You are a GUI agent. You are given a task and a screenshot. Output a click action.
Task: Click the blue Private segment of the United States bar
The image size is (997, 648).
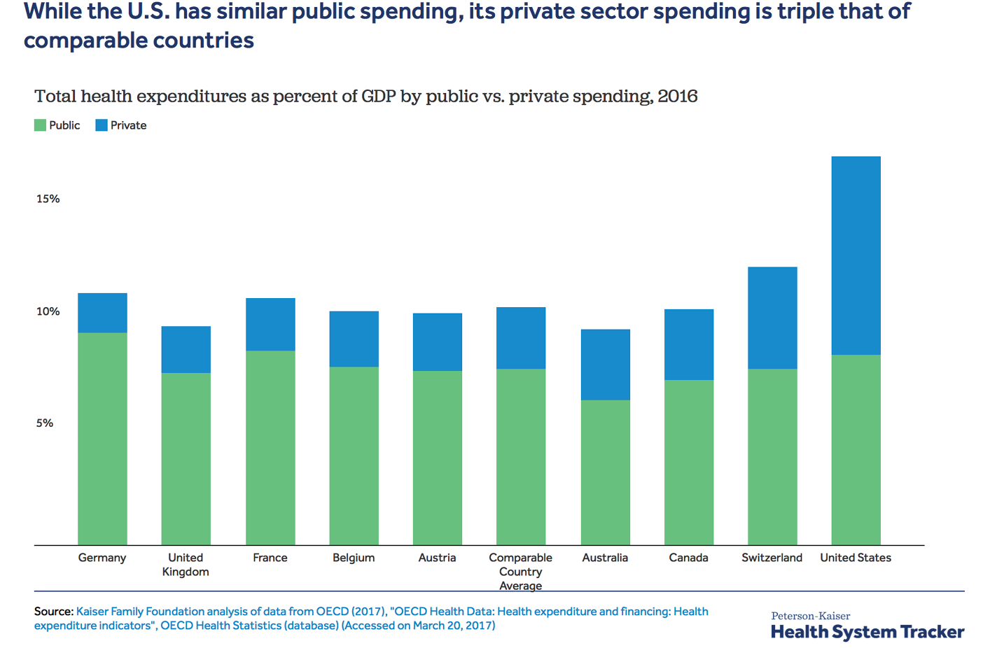pos(856,255)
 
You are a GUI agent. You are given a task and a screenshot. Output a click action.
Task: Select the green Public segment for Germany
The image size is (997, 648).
pos(102,439)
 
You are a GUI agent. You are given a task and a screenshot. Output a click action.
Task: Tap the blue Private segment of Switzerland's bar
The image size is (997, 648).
pos(772,318)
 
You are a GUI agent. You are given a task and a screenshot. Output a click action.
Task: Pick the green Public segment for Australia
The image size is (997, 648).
pos(605,472)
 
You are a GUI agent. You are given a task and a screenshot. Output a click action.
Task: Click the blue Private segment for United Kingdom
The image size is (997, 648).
pos(186,349)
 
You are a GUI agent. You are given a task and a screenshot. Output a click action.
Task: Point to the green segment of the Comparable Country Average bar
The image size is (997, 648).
pos(521,457)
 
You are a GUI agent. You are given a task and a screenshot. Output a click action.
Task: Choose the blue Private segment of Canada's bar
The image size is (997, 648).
pos(689,344)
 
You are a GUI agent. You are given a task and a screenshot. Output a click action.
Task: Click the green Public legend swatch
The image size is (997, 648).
pos(41,125)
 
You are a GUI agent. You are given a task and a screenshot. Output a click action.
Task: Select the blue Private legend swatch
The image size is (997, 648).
pos(102,125)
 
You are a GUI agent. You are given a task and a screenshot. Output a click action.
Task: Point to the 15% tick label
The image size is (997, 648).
pos(48,199)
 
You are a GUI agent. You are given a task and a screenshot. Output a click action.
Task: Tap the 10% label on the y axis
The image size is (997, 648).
pos(48,311)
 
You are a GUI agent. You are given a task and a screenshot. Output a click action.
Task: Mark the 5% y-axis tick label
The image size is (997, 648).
pos(45,423)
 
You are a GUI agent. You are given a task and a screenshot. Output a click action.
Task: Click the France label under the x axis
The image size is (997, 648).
pos(270,558)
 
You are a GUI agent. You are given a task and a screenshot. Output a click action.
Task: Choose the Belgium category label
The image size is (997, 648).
pos(354,558)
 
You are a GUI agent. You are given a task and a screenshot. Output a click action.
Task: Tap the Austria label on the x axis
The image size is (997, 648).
pos(437,558)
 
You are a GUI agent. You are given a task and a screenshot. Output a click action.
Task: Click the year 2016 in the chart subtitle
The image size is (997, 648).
pos(677,96)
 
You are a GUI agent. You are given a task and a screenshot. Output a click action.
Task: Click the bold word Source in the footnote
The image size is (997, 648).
pos(53,612)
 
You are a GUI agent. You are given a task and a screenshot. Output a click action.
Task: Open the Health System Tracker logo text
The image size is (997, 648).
pos(867,632)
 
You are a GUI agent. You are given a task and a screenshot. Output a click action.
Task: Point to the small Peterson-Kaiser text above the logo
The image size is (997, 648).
pos(810,616)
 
